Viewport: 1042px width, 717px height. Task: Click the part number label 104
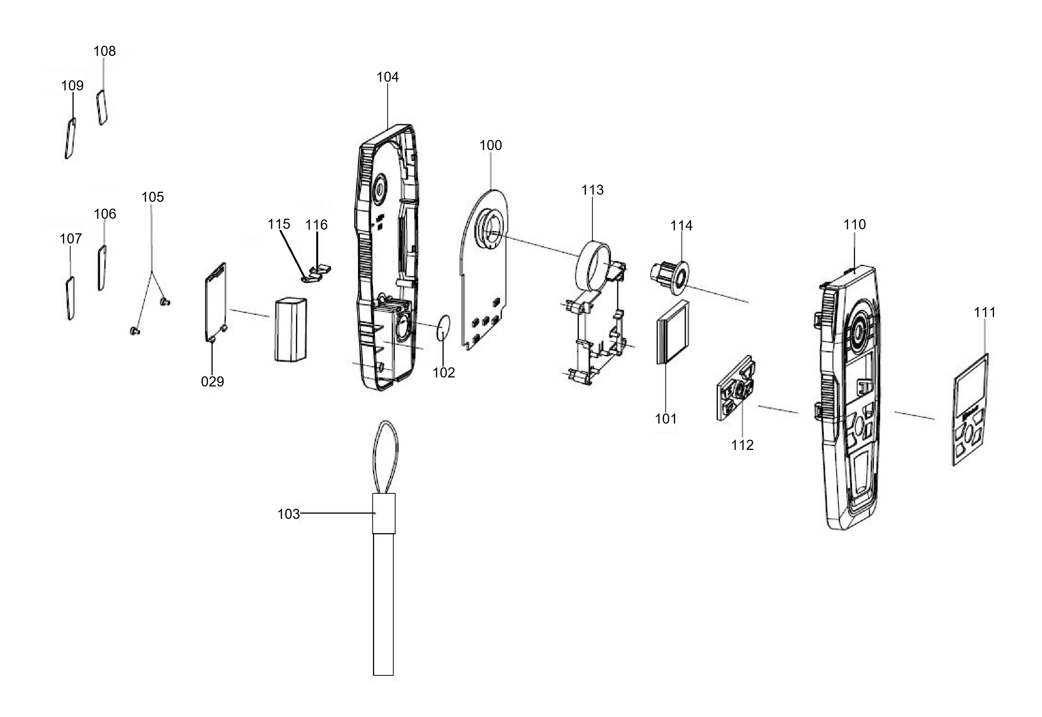coord(387,77)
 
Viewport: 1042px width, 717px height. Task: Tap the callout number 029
coord(212,382)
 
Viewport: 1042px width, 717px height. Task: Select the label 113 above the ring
coord(592,190)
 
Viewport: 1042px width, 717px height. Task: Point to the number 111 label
coord(985,312)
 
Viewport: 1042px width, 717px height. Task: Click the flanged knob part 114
coord(669,276)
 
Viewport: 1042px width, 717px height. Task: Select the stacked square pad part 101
coord(673,332)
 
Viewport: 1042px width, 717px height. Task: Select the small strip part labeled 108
coord(102,107)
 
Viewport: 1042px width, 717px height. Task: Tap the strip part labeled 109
coord(70,138)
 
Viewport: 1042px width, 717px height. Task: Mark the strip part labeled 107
coord(70,298)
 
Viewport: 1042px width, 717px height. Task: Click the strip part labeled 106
coord(102,268)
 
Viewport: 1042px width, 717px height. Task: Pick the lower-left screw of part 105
coord(134,332)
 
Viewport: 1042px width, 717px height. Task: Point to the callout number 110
coord(855,225)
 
